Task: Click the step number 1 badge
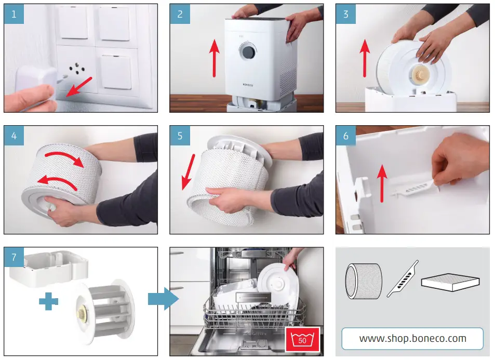pos(14,14)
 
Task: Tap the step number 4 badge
pos(14,136)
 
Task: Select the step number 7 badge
pos(14,257)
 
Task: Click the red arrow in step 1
pos(79,87)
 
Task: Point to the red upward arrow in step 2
pos(215,58)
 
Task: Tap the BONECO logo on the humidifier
pos(248,85)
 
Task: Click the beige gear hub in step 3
pos(419,75)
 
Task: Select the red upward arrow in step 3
pos(365,58)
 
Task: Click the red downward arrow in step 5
pos(188,172)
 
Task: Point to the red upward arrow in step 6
pos(382,183)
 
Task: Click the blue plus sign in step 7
pos(49,301)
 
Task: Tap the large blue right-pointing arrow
pos(164,299)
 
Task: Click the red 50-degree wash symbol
pos(302,339)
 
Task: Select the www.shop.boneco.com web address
pos(412,339)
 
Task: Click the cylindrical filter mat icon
pos(364,281)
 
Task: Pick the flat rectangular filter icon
pos(450,282)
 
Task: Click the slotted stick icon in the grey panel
pos(403,278)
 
